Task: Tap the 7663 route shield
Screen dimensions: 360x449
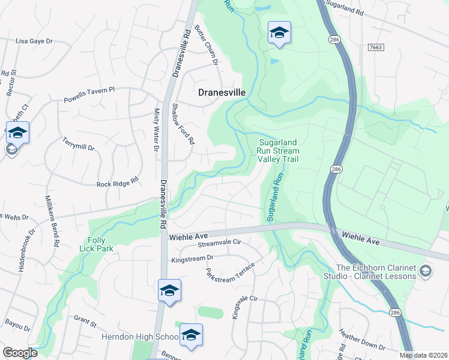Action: pyautogui.click(x=376, y=47)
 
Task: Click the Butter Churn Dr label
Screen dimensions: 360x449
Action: pyautogui.click(x=207, y=44)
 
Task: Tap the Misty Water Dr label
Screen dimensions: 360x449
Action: pyautogui.click(x=156, y=129)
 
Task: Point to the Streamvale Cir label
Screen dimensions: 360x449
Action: pyautogui.click(x=219, y=242)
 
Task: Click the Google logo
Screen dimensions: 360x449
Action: pyautogui.click(x=20, y=353)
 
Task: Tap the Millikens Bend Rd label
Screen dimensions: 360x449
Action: pyautogui.click(x=51, y=221)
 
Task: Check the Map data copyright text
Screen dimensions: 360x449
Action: pyautogui.click(x=424, y=355)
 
